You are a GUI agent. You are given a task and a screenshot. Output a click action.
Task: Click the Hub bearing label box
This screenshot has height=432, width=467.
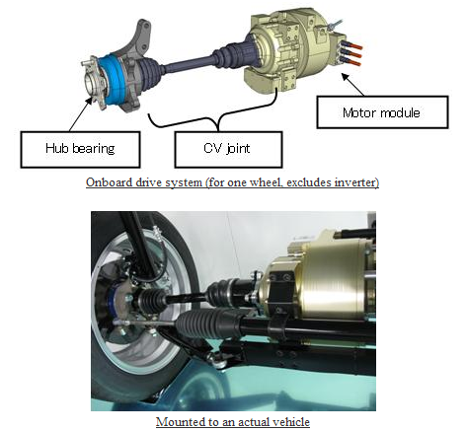coord(80,150)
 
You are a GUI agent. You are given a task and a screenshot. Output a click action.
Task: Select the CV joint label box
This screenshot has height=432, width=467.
coord(228,150)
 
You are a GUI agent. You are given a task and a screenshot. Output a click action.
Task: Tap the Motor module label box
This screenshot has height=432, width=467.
coord(382,112)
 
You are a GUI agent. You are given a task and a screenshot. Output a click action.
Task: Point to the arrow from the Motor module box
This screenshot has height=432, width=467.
coord(352,85)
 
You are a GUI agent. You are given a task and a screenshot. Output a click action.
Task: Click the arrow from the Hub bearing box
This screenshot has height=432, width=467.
coord(81,113)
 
